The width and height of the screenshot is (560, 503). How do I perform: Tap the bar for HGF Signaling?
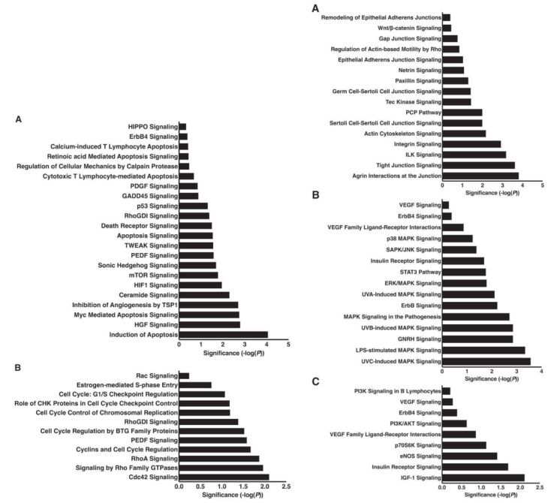[209, 324]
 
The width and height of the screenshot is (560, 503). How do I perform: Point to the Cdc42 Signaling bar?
[224, 477]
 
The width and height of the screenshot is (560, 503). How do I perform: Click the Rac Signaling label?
[156, 375]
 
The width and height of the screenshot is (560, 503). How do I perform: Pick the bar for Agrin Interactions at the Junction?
[480, 176]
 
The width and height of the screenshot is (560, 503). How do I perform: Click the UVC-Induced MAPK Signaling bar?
[486, 361]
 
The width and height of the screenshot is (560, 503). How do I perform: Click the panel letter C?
[315, 381]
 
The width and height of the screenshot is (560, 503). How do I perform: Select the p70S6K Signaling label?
[411, 444]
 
